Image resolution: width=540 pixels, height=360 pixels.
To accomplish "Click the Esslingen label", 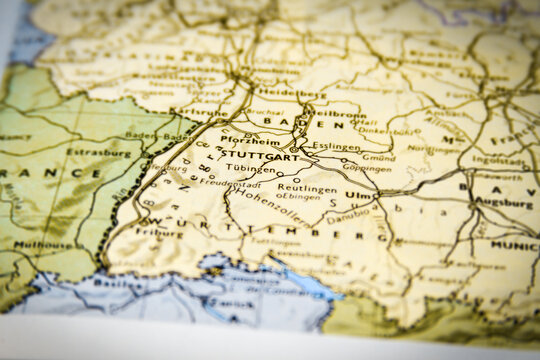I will click(336, 146).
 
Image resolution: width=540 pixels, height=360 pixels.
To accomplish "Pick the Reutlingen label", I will click(300, 188).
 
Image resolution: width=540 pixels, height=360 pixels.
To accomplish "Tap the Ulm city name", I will click(358, 195).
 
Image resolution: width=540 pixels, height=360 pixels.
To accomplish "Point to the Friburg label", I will click(160, 231).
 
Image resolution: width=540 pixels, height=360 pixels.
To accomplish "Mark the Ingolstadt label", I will click(497, 159).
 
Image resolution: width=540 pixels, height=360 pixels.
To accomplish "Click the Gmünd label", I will click(378, 157).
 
